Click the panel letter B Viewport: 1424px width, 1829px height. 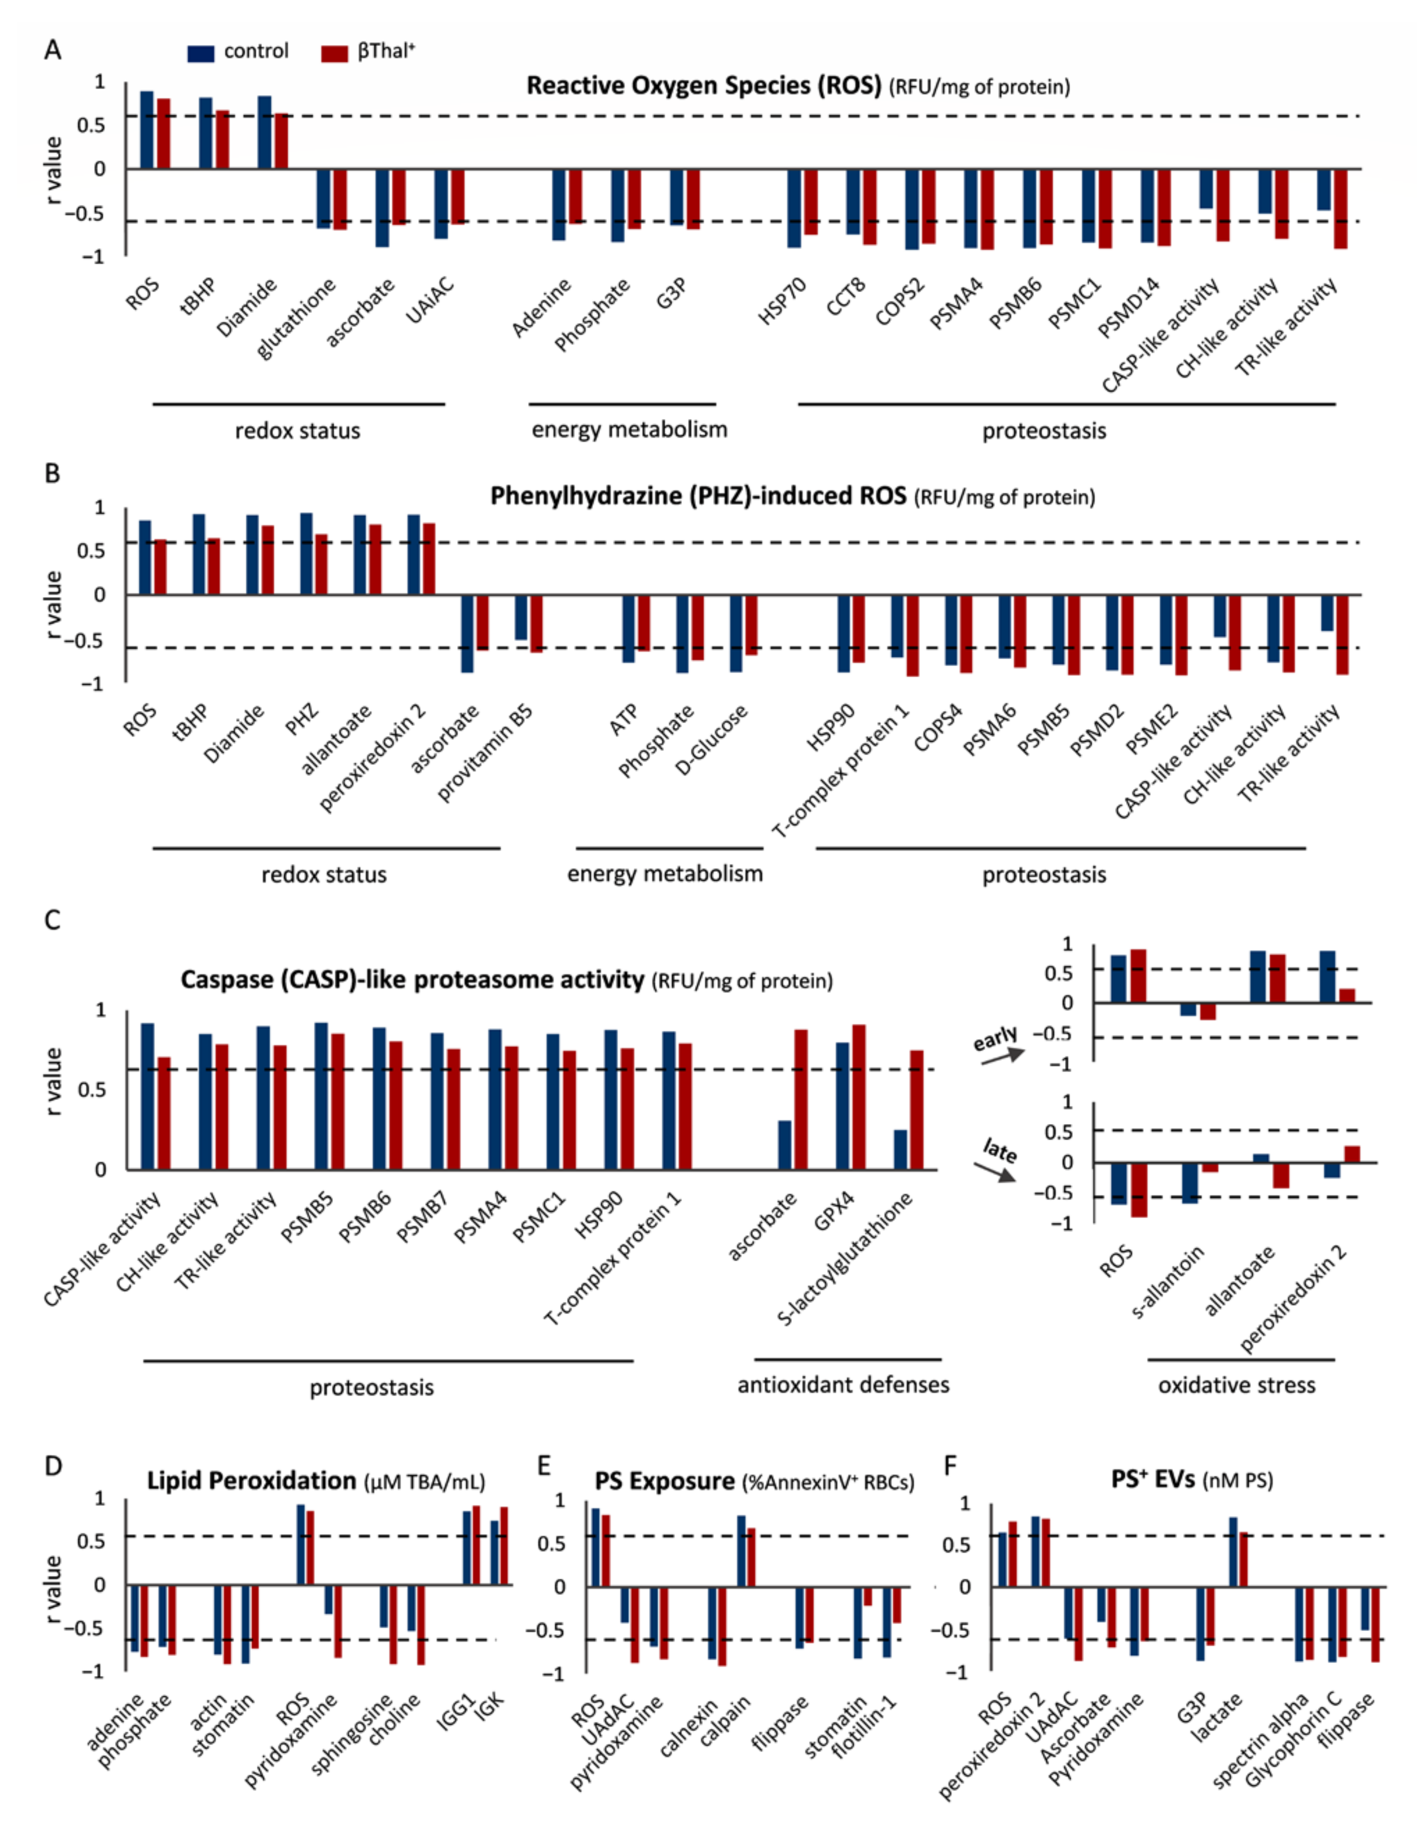click(52, 474)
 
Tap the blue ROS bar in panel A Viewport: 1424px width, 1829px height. click(147, 130)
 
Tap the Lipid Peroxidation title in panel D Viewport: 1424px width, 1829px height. click(251, 1480)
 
